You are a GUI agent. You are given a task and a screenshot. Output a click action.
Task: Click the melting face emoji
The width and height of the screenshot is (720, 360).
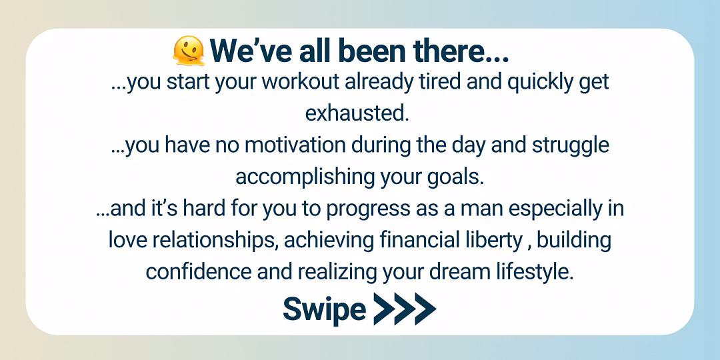click(188, 51)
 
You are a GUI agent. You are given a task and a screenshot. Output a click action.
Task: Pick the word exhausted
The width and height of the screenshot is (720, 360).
click(357, 113)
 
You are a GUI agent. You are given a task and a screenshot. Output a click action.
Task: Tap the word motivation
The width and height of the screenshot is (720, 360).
click(295, 145)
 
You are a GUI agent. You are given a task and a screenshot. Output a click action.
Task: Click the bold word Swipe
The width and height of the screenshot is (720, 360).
click(324, 310)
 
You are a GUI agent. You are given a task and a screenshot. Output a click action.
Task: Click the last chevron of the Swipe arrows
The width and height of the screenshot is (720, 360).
click(425, 309)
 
